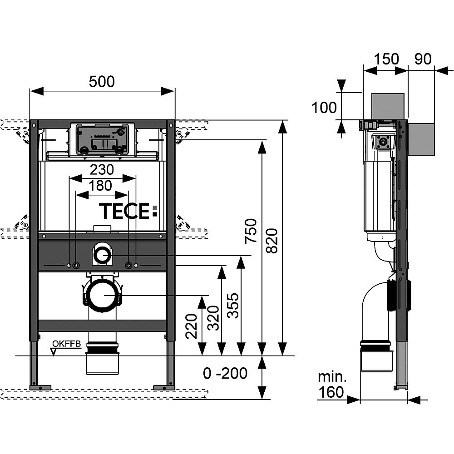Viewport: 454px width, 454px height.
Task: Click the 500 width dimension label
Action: (102, 81)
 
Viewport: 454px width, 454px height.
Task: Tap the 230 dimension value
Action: (102, 170)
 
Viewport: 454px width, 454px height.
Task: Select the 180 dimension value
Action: (100, 186)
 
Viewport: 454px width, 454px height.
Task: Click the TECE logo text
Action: (128, 211)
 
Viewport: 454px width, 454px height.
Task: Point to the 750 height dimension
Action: (251, 231)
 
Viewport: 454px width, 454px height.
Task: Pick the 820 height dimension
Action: (271, 241)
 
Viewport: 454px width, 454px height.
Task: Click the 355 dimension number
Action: (233, 306)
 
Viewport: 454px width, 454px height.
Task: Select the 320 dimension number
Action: (213, 318)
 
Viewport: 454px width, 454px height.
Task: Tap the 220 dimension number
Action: (192, 326)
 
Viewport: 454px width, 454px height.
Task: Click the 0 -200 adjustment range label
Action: (225, 373)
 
